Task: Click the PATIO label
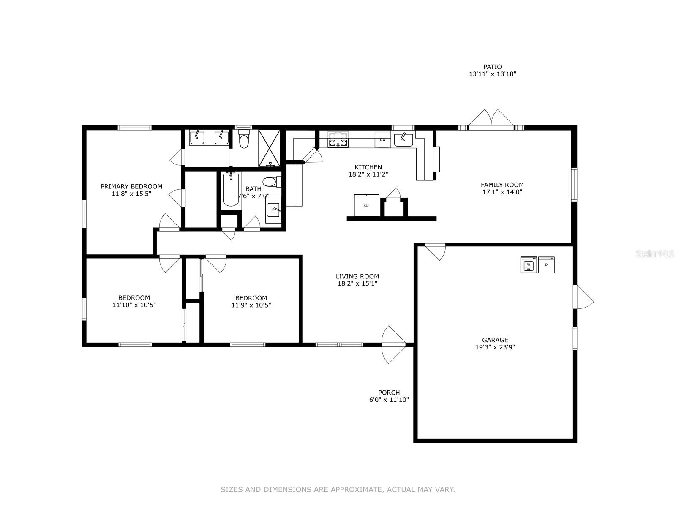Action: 492,66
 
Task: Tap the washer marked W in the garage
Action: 529,265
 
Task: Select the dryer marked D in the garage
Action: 546,265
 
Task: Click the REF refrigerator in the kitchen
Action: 366,205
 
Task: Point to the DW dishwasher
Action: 383,140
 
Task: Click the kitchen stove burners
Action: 338,139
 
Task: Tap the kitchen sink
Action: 403,140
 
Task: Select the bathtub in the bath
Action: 231,190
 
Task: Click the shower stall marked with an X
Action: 270,148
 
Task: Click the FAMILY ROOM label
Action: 502,185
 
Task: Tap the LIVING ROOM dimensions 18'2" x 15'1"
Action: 357,283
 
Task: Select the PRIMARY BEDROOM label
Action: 131,186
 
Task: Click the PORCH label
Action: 389,393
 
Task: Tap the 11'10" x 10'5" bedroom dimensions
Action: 134,305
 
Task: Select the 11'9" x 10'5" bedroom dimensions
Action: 251,305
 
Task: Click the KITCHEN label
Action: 368,167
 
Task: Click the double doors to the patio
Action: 491,120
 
